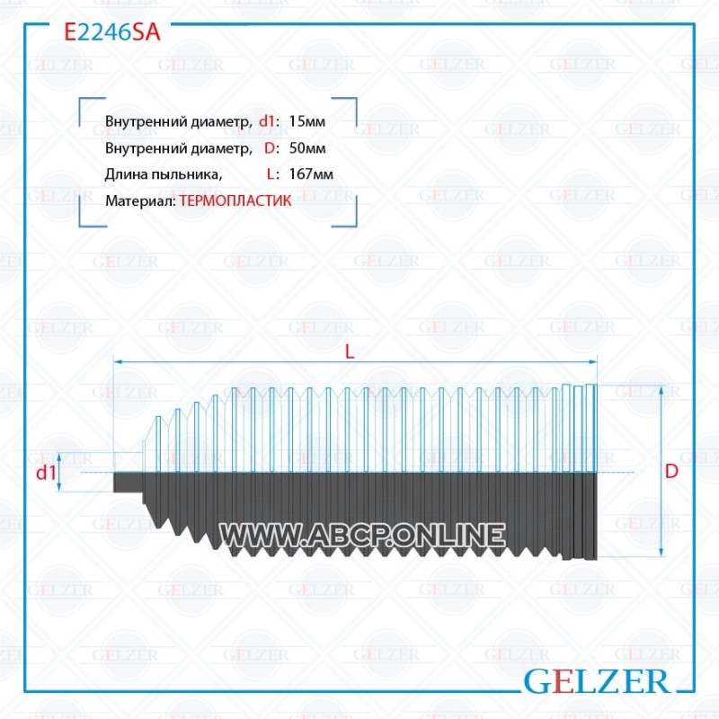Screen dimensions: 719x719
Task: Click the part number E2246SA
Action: click(x=112, y=32)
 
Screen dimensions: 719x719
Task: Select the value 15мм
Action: click(x=307, y=121)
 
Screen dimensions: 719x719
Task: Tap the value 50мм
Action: click(x=307, y=148)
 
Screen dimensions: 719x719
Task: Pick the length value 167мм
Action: click(x=311, y=174)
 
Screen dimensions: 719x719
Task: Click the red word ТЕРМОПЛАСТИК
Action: click(x=235, y=200)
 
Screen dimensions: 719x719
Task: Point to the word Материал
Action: click(x=140, y=201)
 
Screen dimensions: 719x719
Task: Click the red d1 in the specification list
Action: click(x=267, y=121)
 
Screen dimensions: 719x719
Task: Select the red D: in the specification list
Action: click(x=271, y=148)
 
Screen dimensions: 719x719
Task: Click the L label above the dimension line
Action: click(x=350, y=351)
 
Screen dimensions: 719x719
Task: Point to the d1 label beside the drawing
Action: click(x=46, y=473)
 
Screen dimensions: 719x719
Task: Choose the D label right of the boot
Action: click(x=671, y=471)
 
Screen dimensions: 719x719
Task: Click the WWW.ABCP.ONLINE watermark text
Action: click(x=362, y=535)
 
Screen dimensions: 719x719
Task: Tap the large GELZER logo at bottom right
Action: click(x=597, y=681)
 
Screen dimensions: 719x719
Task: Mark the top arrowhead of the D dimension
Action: click(x=661, y=390)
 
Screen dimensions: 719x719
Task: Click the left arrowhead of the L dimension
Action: click(x=118, y=362)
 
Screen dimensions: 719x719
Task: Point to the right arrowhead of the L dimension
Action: click(x=592, y=362)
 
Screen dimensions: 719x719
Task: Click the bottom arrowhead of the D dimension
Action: click(x=661, y=553)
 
